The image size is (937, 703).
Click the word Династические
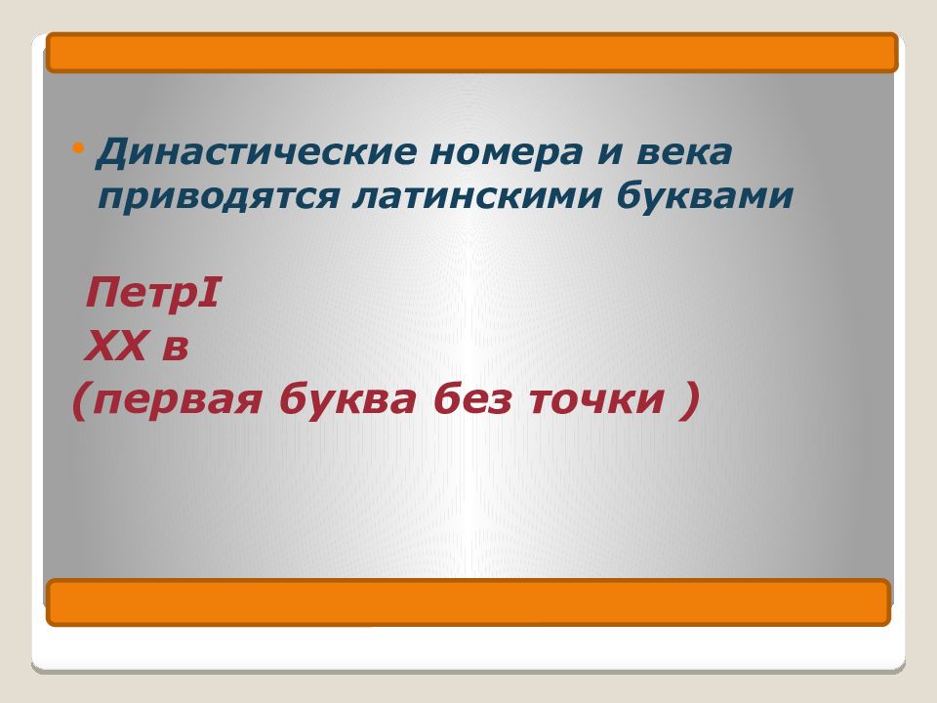pyautogui.click(x=256, y=153)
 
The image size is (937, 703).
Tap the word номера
pyautogui.click(x=506, y=153)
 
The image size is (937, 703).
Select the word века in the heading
pyautogui.click(x=684, y=152)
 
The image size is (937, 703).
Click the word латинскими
pyautogui.click(x=475, y=196)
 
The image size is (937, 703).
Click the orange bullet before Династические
pyautogui.click(x=78, y=147)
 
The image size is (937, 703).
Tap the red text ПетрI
pyautogui.click(x=152, y=295)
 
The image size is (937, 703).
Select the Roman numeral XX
pyautogui.click(x=116, y=346)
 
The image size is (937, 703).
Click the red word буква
pyautogui.click(x=347, y=398)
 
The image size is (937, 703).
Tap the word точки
pyautogui.click(x=595, y=400)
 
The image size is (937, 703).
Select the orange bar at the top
pyautogui.click(x=472, y=53)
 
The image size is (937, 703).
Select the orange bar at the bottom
pyautogui.click(x=468, y=602)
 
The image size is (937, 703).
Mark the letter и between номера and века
pyautogui.click(x=609, y=153)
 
